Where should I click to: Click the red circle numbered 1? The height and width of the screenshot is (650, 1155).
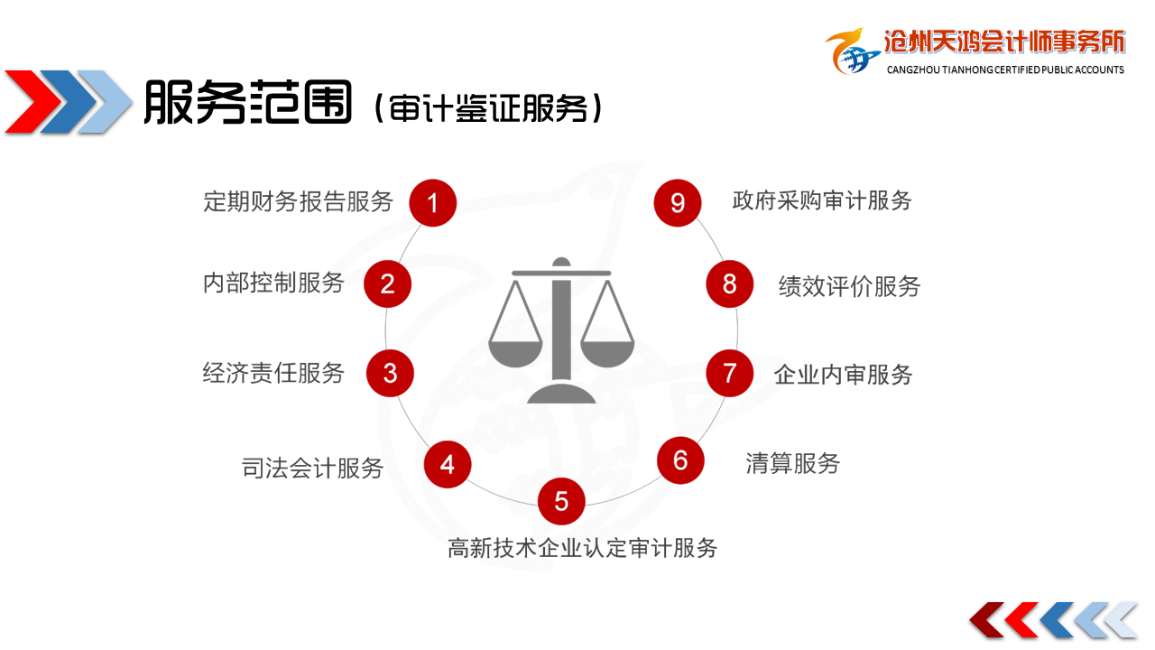(x=432, y=203)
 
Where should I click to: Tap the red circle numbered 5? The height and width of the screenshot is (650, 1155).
(x=561, y=501)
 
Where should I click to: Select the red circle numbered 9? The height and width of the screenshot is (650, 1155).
(x=678, y=203)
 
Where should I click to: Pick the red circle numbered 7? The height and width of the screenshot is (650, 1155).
(x=730, y=373)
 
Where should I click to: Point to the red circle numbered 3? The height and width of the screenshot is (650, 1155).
(x=390, y=373)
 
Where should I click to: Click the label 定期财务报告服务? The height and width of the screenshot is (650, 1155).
(x=298, y=201)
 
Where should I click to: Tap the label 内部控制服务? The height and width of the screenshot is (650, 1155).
(x=273, y=283)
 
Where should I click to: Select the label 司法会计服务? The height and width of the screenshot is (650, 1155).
(x=312, y=469)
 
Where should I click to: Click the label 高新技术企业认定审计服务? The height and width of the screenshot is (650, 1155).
(x=583, y=548)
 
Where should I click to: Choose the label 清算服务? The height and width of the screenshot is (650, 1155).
(x=793, y=463)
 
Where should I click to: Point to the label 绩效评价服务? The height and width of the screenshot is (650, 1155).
(x=849, y=286)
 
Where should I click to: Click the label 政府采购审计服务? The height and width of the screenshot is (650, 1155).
(x=822, y=200)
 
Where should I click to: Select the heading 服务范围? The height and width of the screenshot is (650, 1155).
(x=247, y=102)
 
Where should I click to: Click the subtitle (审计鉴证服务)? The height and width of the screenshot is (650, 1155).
(x=488, y=107)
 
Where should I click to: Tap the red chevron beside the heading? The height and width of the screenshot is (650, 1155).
(x=32, y=102)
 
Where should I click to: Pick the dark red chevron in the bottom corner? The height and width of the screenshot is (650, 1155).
(x=986, y=619)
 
